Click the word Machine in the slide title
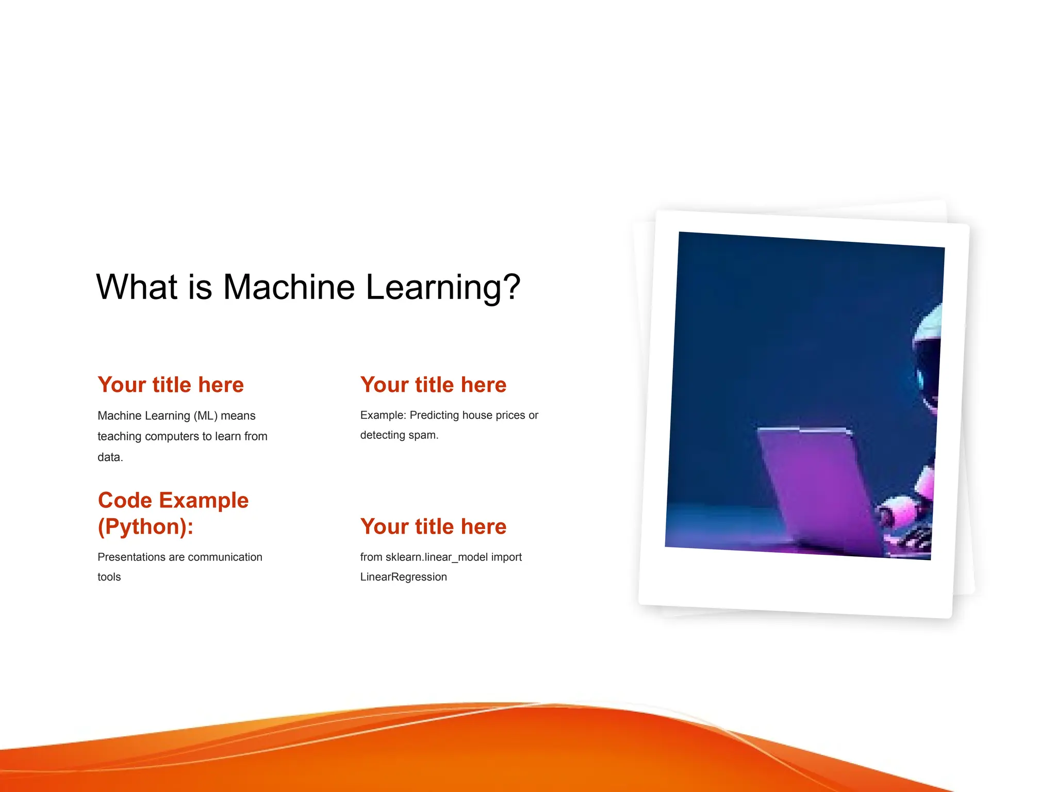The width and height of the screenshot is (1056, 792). [x=289, y=287]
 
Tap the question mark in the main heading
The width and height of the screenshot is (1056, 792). [x=511, y=287]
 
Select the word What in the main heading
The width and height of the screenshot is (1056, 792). [x=137, y=287]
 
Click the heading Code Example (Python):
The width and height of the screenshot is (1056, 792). [x=173, y=513]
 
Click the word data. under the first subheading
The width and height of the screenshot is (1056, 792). [x=110, y=457]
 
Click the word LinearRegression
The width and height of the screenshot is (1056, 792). [x=403, y=577]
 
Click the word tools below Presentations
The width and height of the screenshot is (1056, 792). [x=109, y=577]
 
